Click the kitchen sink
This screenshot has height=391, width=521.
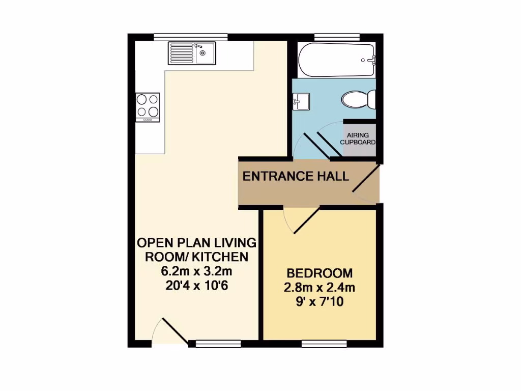[192, 53]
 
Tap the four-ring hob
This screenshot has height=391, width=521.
[147, 106]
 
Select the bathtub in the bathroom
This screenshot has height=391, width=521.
[336, 60]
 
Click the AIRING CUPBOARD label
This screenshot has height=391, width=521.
[358, 138]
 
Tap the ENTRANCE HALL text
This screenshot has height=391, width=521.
[296, 177]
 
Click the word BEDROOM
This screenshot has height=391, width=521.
[320, 272]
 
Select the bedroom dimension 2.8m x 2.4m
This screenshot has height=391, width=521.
[320, 288]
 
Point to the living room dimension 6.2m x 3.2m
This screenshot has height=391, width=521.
[196, 271]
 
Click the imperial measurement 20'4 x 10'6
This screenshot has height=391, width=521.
[196, 286]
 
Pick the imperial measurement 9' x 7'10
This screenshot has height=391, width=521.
[320, 302]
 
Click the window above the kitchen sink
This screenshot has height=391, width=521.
[191, 37]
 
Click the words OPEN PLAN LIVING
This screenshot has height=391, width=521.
[196, 242]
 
